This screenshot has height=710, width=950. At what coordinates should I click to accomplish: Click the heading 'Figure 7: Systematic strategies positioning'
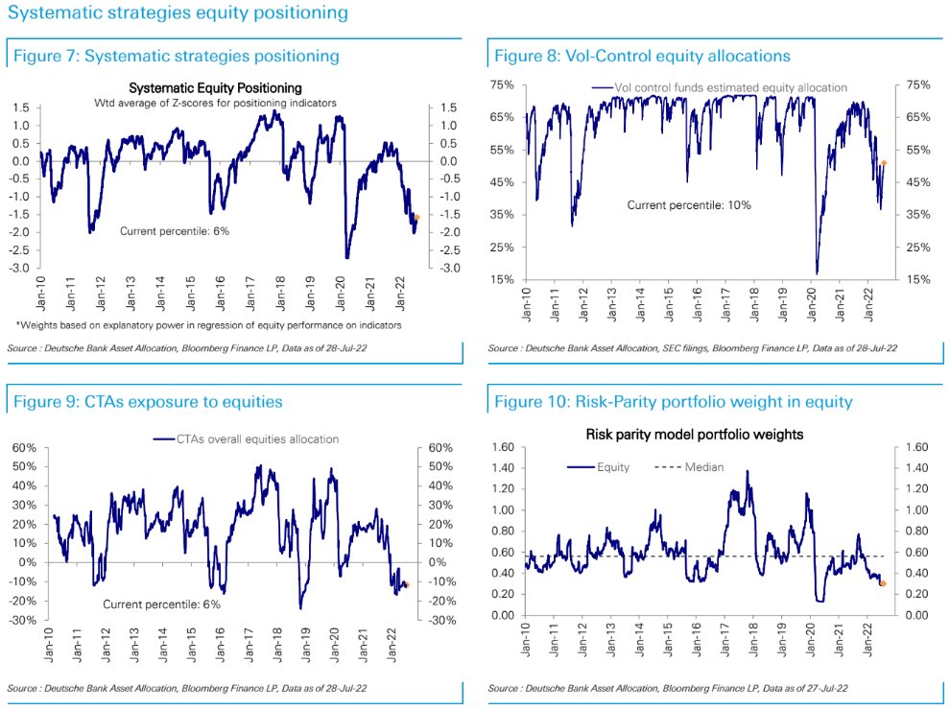[x=176, y=57]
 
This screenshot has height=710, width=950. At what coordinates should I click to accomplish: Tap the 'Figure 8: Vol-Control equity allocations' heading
[x=642, y=57]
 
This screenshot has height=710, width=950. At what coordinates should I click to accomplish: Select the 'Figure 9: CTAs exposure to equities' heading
[x=148, y=402]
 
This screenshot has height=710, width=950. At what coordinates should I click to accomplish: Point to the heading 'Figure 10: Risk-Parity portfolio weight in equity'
[x=673, y=402]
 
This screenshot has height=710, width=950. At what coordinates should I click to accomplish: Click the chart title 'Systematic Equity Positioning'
[x=215, y=88]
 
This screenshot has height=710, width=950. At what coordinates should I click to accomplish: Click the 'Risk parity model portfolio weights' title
[x=694, y=435]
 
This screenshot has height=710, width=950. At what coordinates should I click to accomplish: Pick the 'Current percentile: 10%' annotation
[x=688, y=205]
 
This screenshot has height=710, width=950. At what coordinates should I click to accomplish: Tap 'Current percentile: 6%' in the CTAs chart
[x=162, y=604]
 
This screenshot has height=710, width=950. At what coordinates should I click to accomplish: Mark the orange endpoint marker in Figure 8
[x=884, y=163]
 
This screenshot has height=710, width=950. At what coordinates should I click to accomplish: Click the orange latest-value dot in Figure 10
[x=883, y=583]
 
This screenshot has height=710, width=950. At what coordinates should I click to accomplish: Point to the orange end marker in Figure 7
[x=416, y=218]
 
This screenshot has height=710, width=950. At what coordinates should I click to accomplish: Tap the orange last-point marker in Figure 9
[x=407, y=584]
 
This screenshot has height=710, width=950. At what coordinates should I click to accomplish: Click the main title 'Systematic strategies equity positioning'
[x=178, y=14]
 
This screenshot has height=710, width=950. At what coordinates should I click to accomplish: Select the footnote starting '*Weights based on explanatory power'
[x=208, y=325]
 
